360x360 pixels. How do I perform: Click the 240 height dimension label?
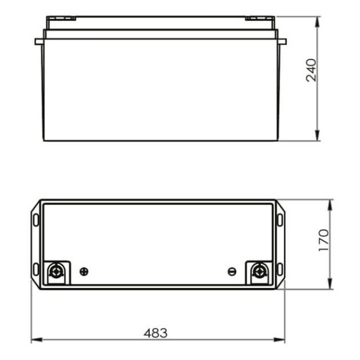point(311,70)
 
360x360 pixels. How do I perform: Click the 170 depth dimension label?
point(324,240)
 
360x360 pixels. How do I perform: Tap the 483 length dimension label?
point(155,333)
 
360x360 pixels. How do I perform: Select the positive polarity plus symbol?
point(84,272)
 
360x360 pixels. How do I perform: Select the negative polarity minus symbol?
point(232,272)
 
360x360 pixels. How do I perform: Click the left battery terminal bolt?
point(56,271)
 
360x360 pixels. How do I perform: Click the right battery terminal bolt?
point(259,271)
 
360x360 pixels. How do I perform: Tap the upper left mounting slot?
point(36,220)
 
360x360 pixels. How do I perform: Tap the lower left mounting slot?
point(36,269)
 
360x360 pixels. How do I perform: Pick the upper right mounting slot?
point(280,220)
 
